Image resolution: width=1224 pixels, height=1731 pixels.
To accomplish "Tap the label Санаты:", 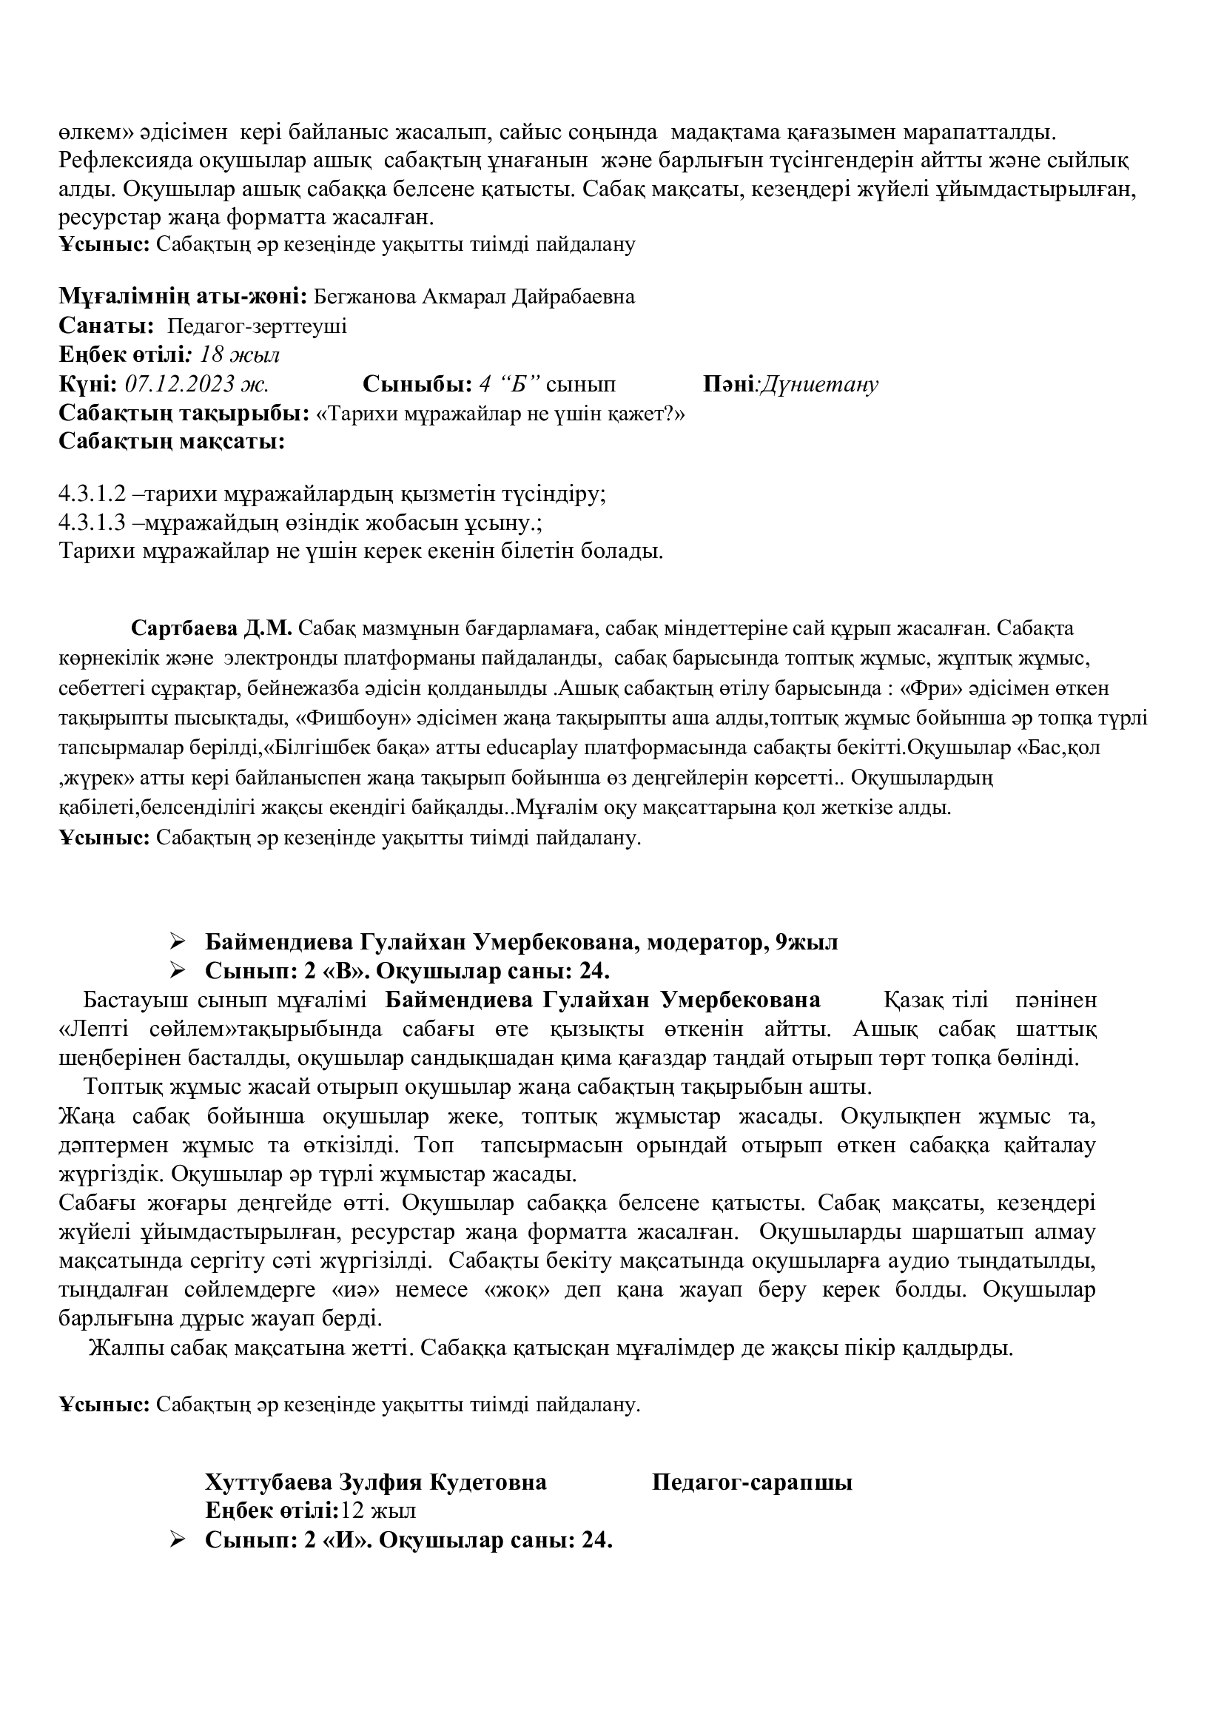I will point(107,326).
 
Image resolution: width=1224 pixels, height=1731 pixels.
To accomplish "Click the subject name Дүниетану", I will point(818,385).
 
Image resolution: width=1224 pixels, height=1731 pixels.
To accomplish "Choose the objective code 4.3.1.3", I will point(91,522).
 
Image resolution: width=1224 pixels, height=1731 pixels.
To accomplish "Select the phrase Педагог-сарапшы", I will point(751,1482).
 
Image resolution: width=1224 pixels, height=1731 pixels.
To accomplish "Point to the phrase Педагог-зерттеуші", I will point(257,326).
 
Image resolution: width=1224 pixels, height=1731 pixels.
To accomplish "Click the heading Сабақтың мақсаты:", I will point(172,441).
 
